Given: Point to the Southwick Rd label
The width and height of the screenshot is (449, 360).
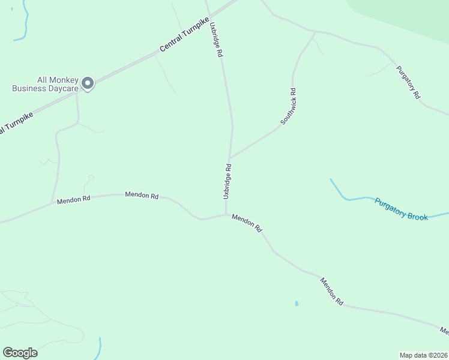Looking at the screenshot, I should click(x=289, y=107).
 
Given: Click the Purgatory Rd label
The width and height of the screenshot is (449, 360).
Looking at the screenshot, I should click(x=409, y=82).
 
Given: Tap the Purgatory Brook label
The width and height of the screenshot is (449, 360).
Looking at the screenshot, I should click(x=401, y=209).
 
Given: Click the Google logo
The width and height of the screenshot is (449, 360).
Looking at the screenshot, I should click(x=20, y=353).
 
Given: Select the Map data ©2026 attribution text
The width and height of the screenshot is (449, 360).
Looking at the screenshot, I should click(x=423, y=355).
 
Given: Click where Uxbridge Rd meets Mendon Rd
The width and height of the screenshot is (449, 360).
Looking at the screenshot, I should click(x=226, y=215).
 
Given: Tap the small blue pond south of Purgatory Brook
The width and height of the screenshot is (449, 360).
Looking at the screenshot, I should click(x=297, y=304).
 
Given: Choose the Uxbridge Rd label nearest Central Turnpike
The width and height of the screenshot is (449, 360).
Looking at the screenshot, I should click(x=216, y=40).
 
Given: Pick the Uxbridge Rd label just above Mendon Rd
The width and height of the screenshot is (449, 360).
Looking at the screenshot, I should click(x=227, y=181).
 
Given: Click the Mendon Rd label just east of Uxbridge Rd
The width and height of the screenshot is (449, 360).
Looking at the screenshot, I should click(x=247, y=224).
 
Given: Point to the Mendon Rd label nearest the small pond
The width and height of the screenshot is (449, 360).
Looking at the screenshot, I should click(x=331, y=292).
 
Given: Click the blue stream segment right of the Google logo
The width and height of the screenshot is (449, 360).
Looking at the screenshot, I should click(x=100, y=348).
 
